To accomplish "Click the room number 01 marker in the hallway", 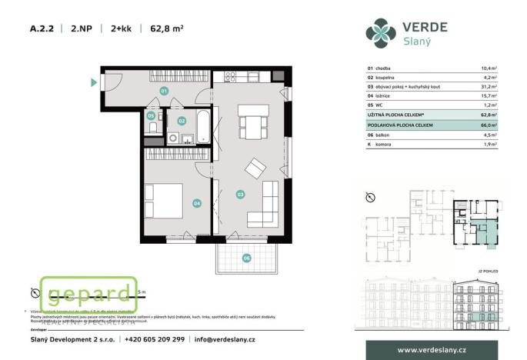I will (163, 91).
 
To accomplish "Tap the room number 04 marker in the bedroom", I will (197, 203).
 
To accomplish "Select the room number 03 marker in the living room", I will (240, 194).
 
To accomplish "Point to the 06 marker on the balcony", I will (247, 258).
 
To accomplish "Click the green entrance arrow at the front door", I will (94, 82).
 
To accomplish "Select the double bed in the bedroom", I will (163, 201).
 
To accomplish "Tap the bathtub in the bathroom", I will (202, 127).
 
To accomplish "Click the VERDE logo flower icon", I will (381, 32).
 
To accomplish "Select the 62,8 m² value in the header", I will (166, 29).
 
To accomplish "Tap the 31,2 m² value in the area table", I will (489, 87).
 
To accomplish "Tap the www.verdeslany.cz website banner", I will (431, 350).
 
